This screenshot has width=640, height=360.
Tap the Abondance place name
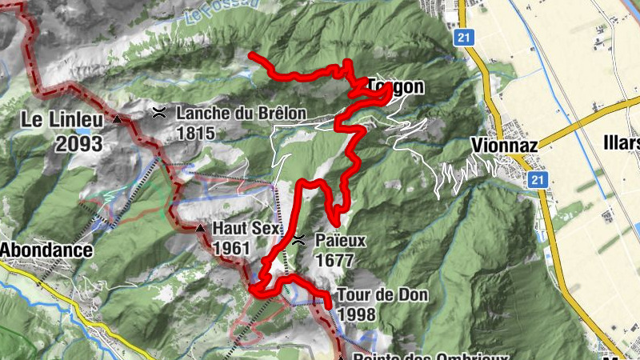[46, 249]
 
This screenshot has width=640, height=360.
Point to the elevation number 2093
[79, 144]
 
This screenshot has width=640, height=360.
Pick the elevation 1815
[196, 133]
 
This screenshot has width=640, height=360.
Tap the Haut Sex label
[246, 228]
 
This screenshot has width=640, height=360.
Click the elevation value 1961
[232, 248]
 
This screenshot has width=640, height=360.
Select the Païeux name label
[340, 239]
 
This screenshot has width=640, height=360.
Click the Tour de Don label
[382, 294]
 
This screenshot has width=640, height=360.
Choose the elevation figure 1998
[357, 314]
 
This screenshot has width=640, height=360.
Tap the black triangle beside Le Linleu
[118, 120]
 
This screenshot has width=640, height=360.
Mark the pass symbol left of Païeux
[298, 239]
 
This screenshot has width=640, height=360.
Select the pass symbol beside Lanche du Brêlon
[160, 113]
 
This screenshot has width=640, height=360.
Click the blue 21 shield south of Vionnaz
[538, 181]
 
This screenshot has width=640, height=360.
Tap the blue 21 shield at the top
[462, 38]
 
